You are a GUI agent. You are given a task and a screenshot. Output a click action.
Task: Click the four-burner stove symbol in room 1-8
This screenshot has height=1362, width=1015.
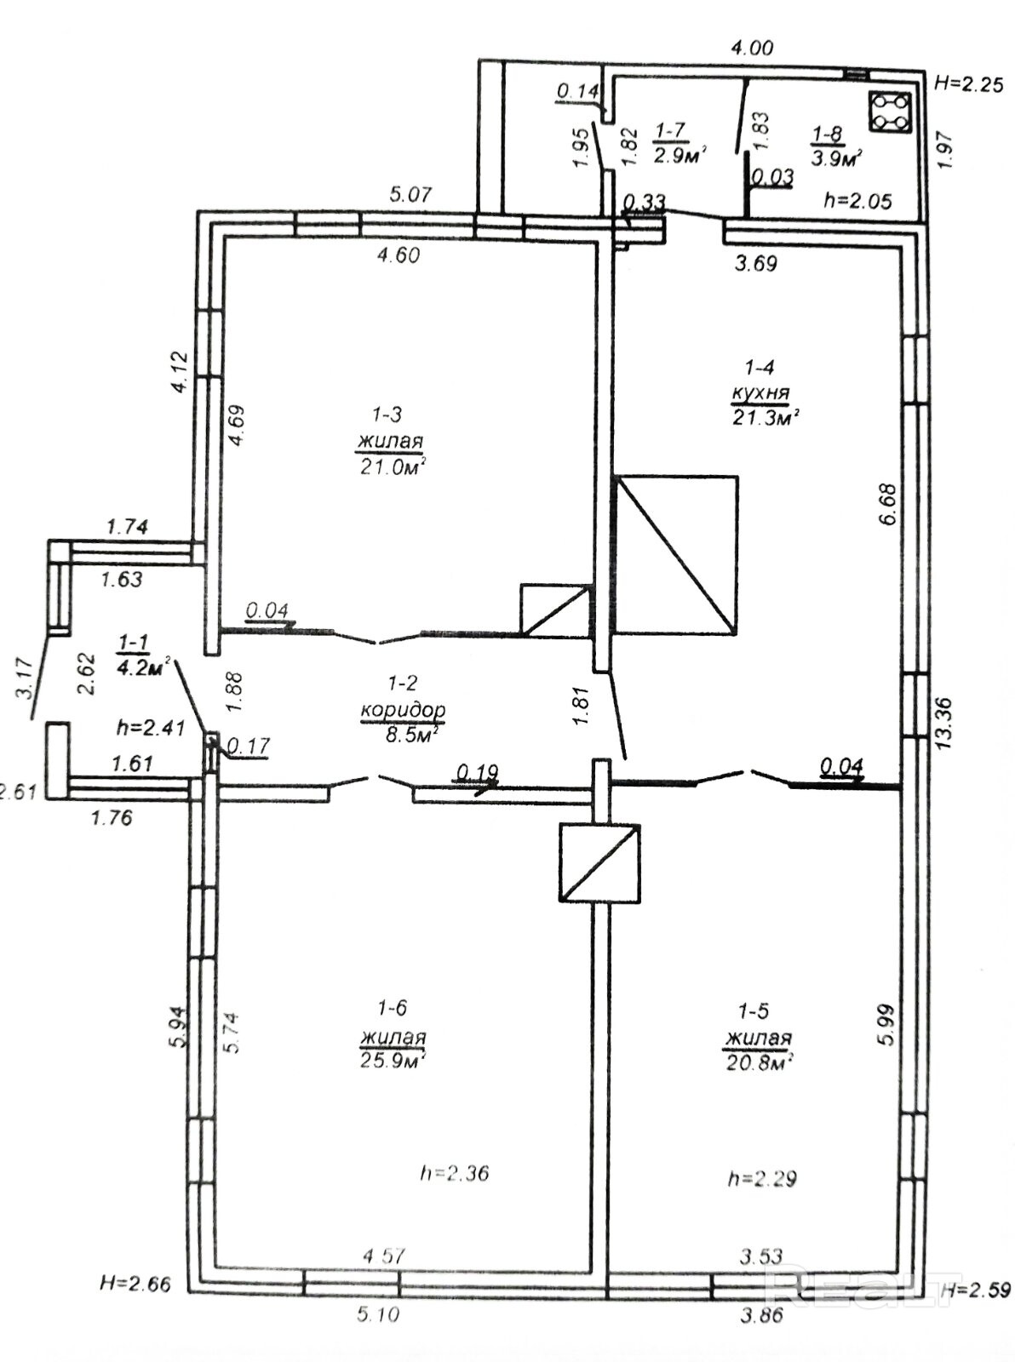point(889,112)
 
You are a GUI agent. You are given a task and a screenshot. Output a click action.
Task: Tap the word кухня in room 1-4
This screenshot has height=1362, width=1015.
point(760,392)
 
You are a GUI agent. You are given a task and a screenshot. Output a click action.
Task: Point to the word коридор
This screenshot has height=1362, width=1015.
point(403,711)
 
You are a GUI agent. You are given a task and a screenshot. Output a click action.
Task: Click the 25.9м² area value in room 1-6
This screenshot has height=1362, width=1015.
point(393,1061)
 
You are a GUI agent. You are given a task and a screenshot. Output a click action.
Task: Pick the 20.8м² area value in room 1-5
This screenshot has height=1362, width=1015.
point(758,1062)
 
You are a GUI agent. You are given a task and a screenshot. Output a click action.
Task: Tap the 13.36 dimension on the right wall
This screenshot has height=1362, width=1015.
point(943,723)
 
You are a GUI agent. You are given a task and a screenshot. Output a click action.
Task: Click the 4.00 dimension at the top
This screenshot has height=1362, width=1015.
point(753,48)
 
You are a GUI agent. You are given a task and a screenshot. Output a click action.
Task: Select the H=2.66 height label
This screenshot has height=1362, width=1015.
point(135,1284)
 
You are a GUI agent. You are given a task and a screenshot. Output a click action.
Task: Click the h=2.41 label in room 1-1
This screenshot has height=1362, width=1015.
point(151,729)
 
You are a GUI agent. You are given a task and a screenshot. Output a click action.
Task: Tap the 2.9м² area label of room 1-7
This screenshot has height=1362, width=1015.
point(679,156)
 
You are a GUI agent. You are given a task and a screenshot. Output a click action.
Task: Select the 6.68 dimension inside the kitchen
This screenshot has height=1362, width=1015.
point(888,504)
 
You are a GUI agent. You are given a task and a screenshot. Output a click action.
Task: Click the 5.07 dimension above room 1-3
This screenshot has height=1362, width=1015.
point(411,195)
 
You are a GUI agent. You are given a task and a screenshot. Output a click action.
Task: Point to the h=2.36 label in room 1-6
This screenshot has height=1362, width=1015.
point(455,1174)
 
